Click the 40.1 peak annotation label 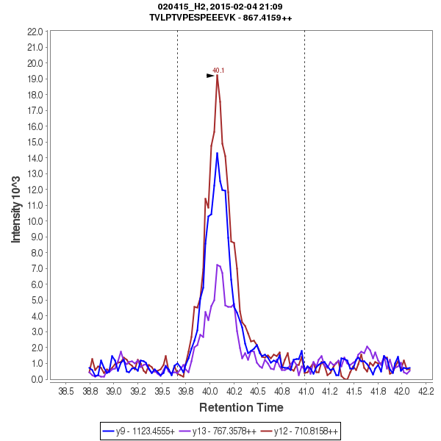218,71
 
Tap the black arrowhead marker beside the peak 210,76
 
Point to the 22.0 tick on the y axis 35,32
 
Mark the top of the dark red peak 218,76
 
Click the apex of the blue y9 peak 217,153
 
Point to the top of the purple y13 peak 218,265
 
